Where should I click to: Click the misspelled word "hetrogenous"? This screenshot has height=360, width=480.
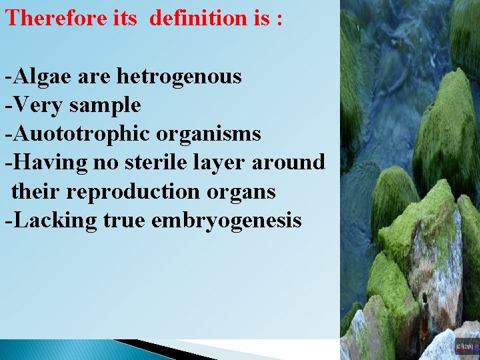pos(179,76)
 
